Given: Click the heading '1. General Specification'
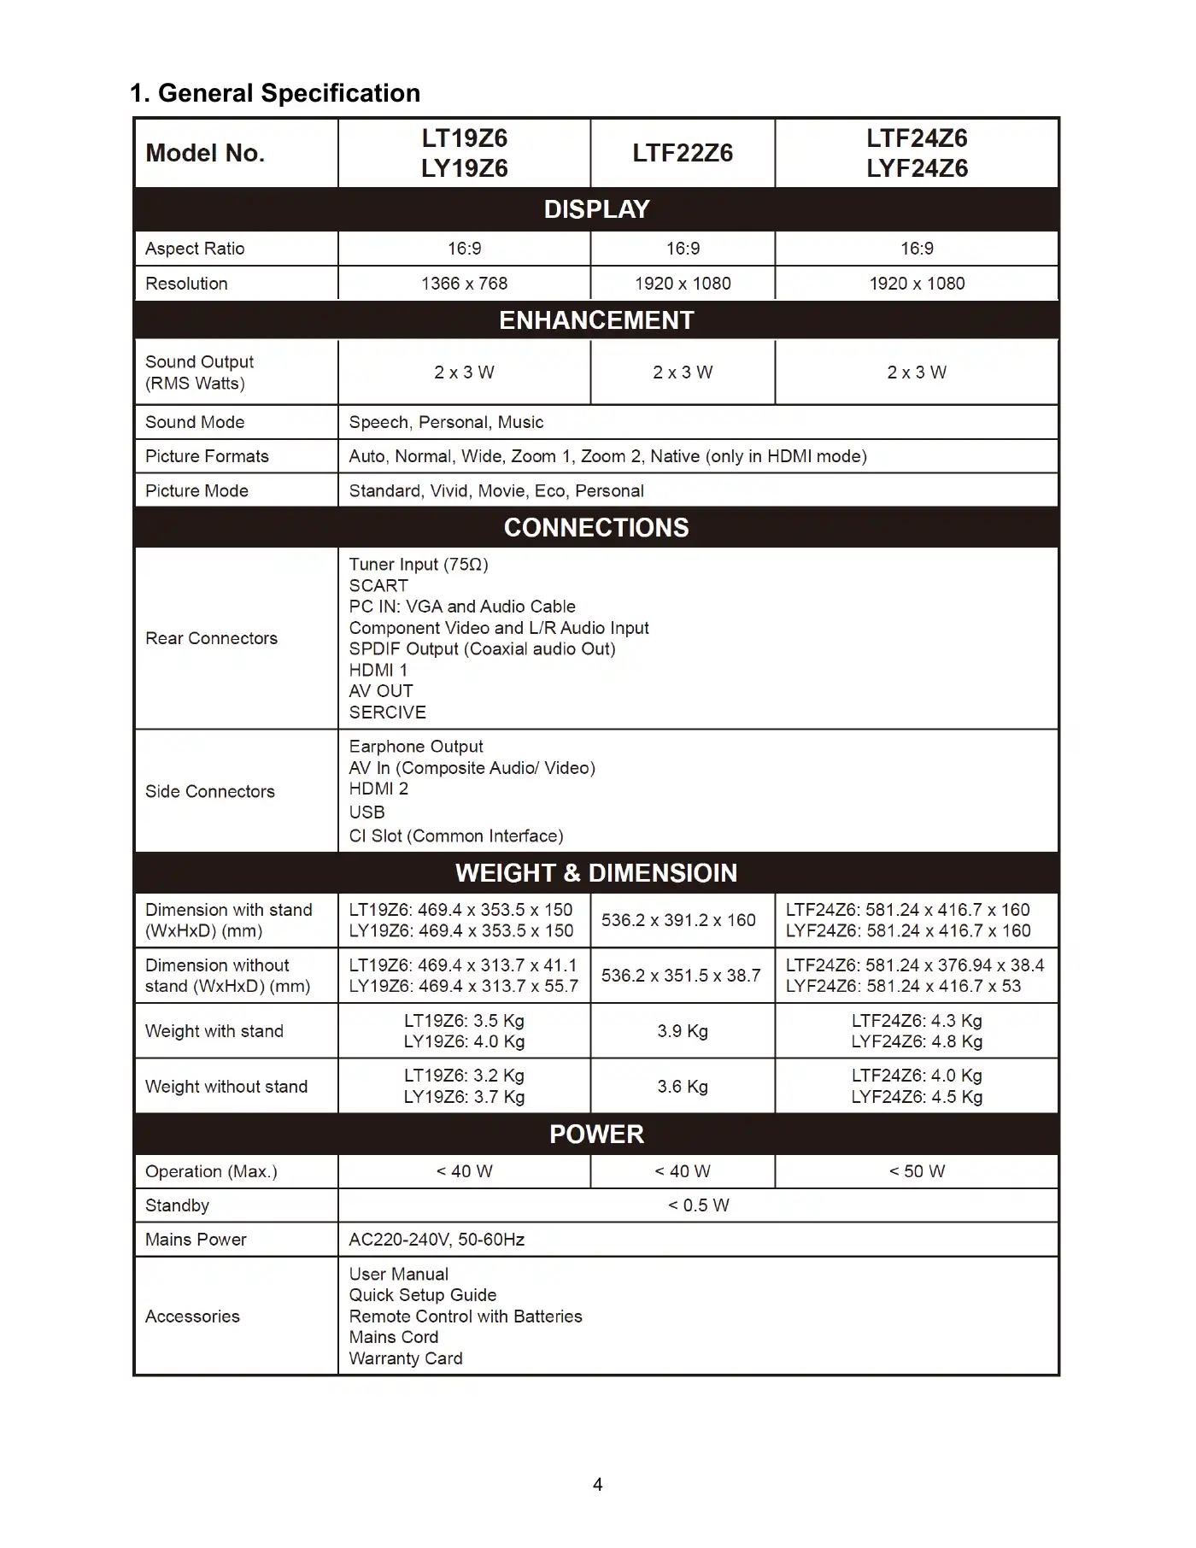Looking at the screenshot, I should (x=275, y=93).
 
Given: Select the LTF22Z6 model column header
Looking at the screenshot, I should (x=683, y=153).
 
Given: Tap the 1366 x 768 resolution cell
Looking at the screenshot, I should (x=464, y=284).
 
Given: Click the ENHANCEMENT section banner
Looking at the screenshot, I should (x=596, y=320).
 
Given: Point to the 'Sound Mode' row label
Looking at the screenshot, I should (x=195, y=422).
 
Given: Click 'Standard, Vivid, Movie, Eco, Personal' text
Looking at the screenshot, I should (x=496, y=491).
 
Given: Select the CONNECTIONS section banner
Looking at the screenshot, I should (x=596, y=528).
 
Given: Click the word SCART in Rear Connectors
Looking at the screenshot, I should (x=378, y=586).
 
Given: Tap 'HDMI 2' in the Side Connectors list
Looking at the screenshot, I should (x=378, y=789).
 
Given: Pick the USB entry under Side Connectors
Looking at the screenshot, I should (x=367, y=812).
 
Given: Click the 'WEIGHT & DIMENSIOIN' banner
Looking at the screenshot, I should (x=596, y=873).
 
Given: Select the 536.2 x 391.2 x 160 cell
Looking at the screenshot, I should (x=678, y=920).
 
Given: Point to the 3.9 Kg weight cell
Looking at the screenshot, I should (x=683, y=1031).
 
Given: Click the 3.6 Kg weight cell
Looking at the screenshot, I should (x=683, y=1087).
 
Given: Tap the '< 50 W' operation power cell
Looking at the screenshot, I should (x=917, y=1171).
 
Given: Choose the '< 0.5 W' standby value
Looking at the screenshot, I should (x=698, y=1205).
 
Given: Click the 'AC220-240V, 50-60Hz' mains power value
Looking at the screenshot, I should (x=437, y=1240).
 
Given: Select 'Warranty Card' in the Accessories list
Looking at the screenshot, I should (x=406, y=1358).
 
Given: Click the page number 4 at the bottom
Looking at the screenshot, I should (x=598, y=1485).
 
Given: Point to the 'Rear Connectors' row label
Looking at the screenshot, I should (x=211, y=638).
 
